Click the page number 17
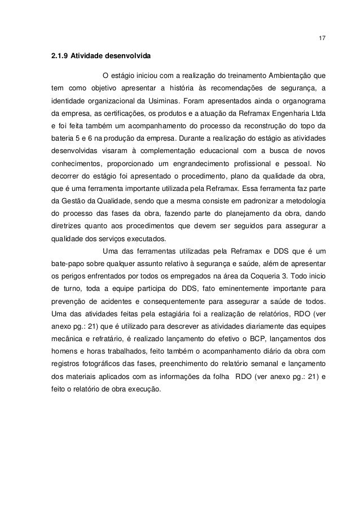(322, 38)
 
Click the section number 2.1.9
(59, 56)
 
